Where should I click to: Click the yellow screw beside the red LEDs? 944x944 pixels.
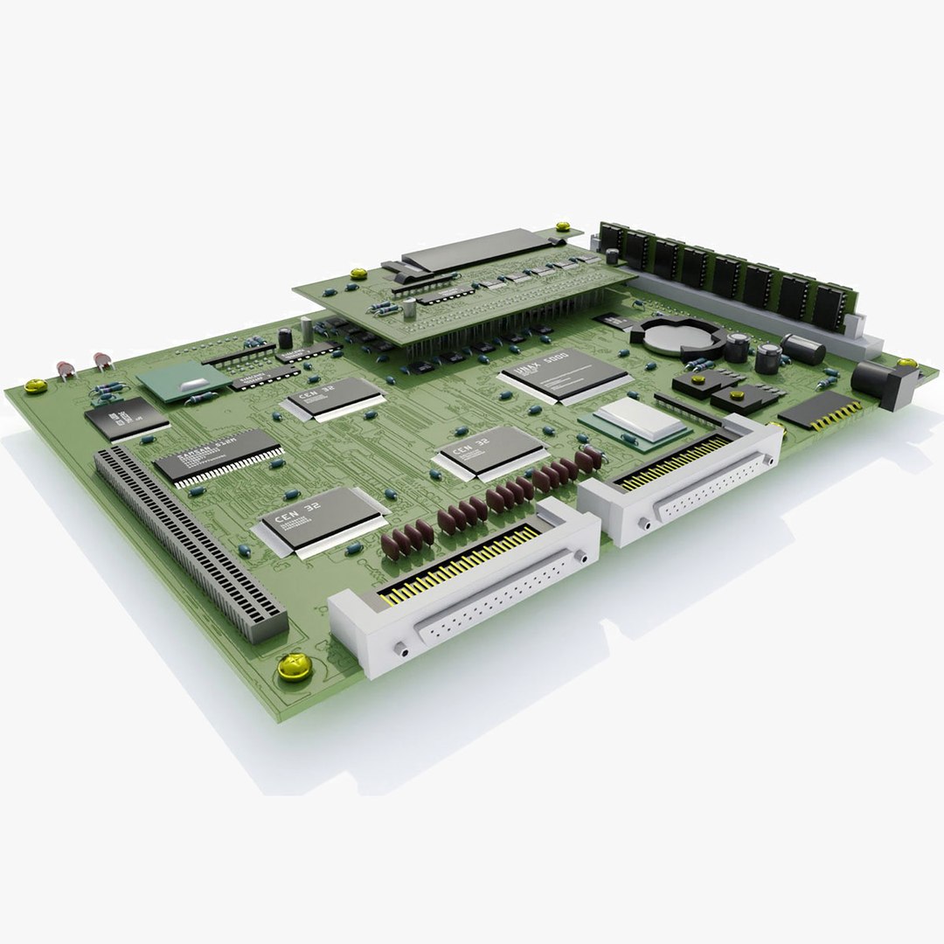click(x=35, y=385)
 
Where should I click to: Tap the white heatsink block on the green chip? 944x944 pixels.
click(x=641, y=420)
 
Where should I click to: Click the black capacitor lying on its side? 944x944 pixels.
click(x=803, y=348)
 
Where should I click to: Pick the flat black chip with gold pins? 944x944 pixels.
click(x=819, y=409)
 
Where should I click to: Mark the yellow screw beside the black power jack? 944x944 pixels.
click(x=906, y=362)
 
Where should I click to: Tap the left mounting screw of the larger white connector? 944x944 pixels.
click(x=399, y=649)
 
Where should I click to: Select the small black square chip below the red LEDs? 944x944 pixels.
click(x=126, y=418)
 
